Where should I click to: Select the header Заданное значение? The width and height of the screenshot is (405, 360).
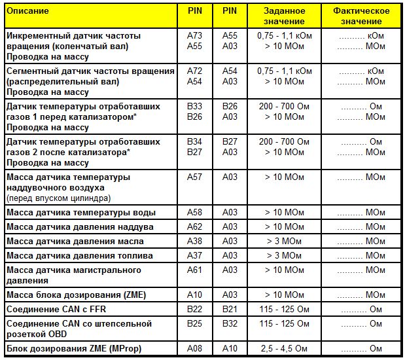(x=285, y=16)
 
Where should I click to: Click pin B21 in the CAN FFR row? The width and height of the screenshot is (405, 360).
(x=230, y=309)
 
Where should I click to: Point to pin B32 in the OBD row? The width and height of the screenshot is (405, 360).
(x=230, y=323)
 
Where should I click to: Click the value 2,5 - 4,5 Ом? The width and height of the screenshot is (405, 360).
(x=285, y=348)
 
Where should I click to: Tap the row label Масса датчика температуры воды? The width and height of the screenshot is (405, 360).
(x=80, y=213)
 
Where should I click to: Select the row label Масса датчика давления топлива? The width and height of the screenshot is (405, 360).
(x=79, y=255)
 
